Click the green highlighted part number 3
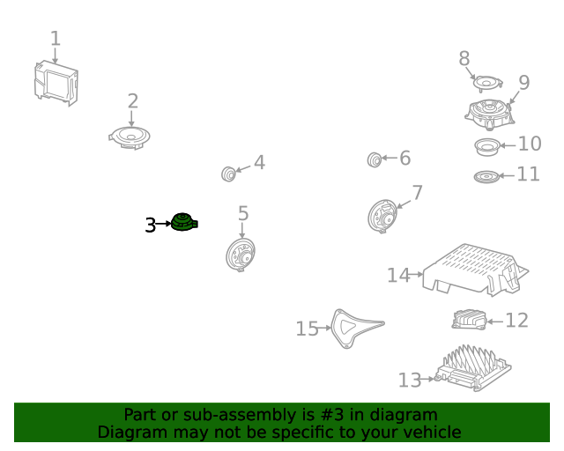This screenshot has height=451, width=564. (184, 222)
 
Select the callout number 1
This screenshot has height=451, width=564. (55, 38)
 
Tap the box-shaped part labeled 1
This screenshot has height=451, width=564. (56, 83)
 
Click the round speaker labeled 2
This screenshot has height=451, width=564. (130, 137)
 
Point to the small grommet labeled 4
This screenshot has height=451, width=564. (228, 174)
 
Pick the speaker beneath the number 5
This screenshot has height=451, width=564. (241, 255)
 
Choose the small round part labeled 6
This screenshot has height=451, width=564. (374, 159)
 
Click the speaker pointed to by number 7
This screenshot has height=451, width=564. (382, 216)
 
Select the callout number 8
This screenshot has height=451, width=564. (464, 58)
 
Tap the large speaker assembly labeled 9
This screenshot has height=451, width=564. (490, 114)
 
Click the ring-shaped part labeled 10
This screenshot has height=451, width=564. (487, 147)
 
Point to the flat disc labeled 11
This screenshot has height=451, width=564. (486, 176)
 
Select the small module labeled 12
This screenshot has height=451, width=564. (469, 320)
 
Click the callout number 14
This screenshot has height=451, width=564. (398, 275)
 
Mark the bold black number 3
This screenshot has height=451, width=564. (151, 225)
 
